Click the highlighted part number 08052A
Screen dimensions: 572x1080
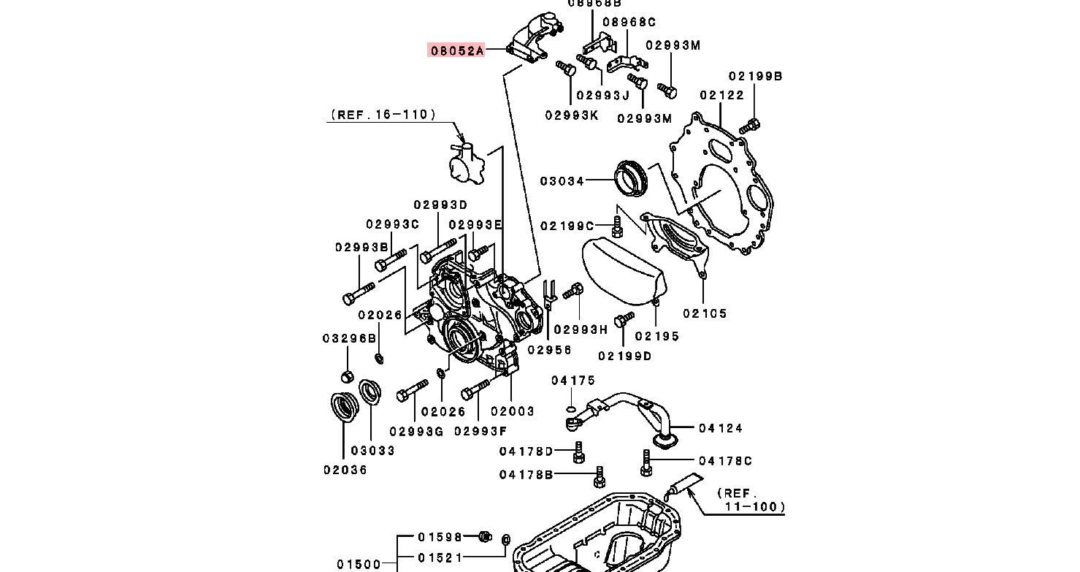tap(456, 50)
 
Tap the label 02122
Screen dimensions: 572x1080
tap(721, 95)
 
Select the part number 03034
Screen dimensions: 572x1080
tap(562, 181)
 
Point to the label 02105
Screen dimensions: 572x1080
tap(705, 313)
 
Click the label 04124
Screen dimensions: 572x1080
tap(720, 428)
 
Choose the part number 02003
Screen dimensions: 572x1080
tap(512, 411)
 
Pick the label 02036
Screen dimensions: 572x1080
tap(345, 470)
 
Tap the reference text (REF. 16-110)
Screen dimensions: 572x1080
tap(383, 114)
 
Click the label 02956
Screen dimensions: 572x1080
tap(549, 350)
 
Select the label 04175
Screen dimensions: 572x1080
tap(573, 381)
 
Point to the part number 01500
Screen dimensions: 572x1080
tap(359, 564)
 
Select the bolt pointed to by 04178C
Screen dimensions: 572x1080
tap(646, 462)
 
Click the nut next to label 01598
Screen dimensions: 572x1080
tap(483, 537)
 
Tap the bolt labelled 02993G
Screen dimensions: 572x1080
tap(413, 391)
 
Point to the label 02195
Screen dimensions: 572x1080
tap(656, 336)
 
